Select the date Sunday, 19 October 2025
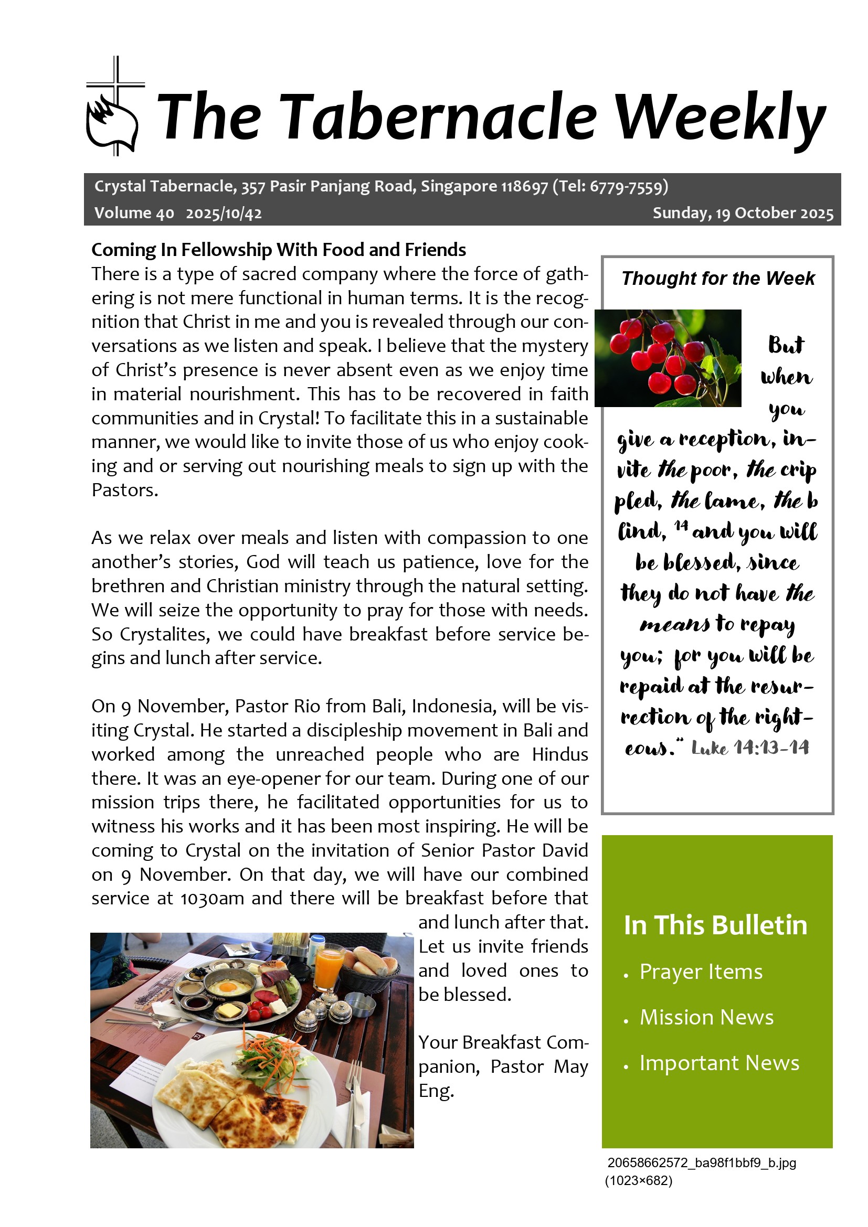[743, 213]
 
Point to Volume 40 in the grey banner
[134, 213]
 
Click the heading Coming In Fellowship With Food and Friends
[279, 250]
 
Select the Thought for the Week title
[718, 279]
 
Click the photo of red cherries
[668, 358]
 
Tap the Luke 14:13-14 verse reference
[750, 747]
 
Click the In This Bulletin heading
[715, 925]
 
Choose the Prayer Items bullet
[701, 972]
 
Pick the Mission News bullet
[706, 1017]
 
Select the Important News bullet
[719, 1063]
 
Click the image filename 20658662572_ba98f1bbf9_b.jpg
[701, 1163]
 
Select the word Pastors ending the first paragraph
[124, 490]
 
